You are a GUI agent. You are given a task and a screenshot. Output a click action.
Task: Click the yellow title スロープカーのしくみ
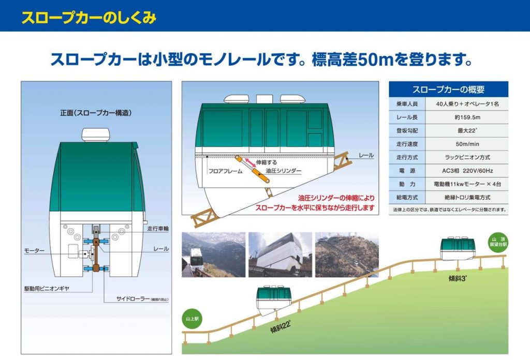(x=89, y=18)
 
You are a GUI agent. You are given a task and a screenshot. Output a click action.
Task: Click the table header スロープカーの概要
(x=448, y=89)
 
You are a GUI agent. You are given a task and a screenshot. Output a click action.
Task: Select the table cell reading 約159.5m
(x=467, y=117)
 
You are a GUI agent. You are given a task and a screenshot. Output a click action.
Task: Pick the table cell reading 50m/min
(x=467, y=144)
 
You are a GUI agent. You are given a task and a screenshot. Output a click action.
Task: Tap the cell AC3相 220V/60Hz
(x=467, y=171)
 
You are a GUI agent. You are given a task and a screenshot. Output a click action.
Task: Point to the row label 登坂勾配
(x=407, y=131)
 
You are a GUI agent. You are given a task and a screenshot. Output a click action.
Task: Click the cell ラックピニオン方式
(x=467, y=157)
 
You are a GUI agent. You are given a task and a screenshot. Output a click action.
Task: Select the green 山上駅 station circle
(x=192, y=319)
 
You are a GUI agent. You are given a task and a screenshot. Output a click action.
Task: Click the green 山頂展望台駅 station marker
(x=498, y=242)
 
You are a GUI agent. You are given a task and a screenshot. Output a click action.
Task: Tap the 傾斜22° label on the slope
(x=281, y=326)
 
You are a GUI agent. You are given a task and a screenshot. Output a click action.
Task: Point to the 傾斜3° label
(x=458, y=278)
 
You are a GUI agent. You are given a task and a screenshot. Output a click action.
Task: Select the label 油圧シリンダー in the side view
(x=283, y=171)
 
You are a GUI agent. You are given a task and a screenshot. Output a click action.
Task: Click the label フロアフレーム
(x=225, y=171)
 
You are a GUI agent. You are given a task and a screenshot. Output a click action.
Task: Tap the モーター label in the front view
(x=34, y=251)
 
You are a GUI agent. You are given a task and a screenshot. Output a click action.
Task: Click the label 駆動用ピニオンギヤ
(x=47, y=289)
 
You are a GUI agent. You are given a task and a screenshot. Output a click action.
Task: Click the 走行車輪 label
(x=158, y=229)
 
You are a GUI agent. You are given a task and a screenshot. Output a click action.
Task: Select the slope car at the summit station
(x=458, y=249)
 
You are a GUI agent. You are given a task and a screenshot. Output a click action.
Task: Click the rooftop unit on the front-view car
(x=96, y=135)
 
